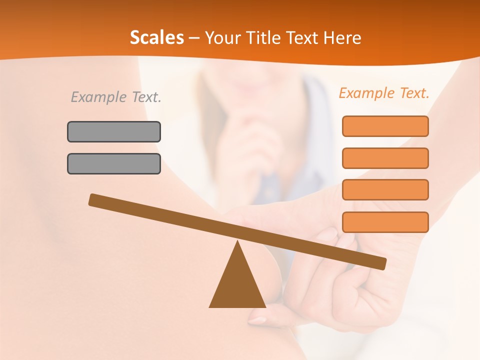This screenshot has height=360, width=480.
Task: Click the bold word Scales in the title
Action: pos(156,38)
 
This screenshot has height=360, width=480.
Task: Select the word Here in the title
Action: pos(342,38)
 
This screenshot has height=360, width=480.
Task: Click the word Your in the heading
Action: pos(222,38)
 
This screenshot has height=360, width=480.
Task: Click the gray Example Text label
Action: pos(116,97)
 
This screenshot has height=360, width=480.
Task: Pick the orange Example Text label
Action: pos(384,93)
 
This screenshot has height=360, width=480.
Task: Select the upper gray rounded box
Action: pos(114,131)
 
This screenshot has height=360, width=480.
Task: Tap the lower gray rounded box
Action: pos(114,163)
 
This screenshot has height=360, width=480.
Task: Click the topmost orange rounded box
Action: pos(385,126)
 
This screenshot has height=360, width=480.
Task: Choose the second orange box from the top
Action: pos(385,158)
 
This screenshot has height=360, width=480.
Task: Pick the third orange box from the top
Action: pos(385,189)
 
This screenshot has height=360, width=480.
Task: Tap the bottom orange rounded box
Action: pos(385,222)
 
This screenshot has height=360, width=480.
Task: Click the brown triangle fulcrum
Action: pos(237,285)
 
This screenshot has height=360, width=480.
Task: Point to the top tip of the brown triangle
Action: pos(237,242)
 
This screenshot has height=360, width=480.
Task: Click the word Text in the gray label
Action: pos(145,97)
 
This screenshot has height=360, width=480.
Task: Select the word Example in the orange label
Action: pos(367,93)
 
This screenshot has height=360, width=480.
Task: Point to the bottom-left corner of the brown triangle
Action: pos(210,306)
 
